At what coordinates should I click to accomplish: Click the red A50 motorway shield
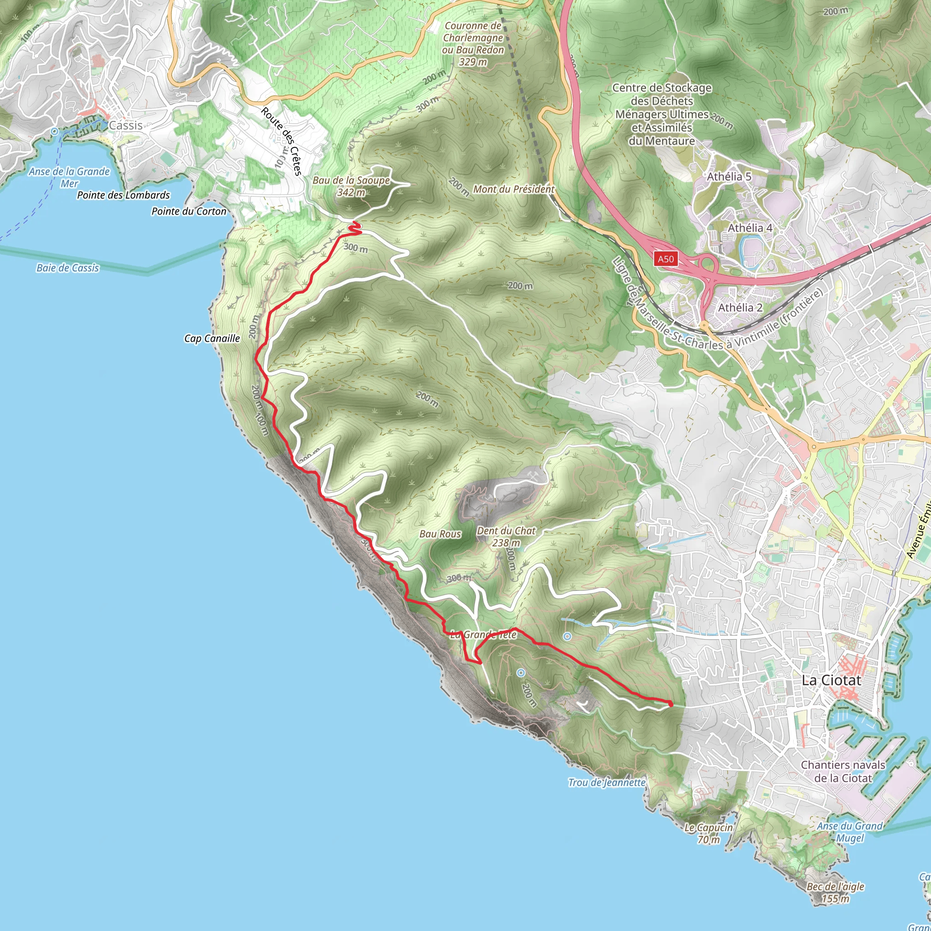click(x=666, y=259)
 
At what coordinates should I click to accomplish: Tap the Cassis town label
click(x=126, y=125)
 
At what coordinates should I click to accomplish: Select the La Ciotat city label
click(x=831, y=681)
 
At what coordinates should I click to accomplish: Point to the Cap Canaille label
click(x=212, y=338)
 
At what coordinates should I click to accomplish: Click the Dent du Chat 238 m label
click(x=506, y=536)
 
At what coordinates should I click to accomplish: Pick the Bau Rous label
click(x=440, y=534)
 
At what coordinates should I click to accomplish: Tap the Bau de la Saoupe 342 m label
click(x=351, y=186)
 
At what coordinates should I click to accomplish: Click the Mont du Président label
click(x=514, y=190)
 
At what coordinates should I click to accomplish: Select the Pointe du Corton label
click(x=189, y=211)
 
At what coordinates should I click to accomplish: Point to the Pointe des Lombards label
click(x=123, y=195)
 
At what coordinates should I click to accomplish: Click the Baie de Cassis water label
click(x=67, y=268)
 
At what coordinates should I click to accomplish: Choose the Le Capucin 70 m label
click(x=708, y=834)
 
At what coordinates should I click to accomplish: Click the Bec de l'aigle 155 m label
click(x=836, y=892)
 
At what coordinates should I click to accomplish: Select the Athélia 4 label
click(x=750, y=228)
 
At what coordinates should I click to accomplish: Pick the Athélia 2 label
click(x=740, y=307)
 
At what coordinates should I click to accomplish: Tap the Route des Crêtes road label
click(x=281, y=141)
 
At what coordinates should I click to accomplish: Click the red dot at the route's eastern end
click(x=671, y=704)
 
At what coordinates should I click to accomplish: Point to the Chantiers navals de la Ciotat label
click(x=843, y=771)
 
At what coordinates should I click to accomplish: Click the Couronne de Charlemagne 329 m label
click(x=473, y=43)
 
